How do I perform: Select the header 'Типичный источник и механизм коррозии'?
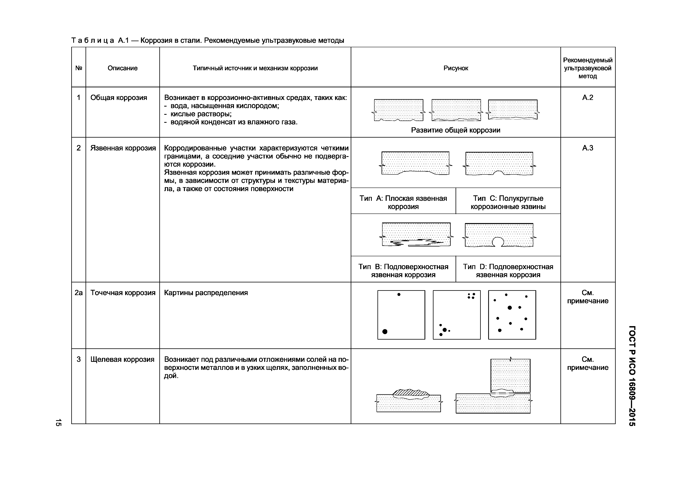(x=255, y=68)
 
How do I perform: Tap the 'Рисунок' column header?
(x=456, y=68)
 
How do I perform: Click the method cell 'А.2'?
(x=587, y=98)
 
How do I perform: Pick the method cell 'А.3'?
(x=587, y=148)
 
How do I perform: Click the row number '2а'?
(x=78, y=293)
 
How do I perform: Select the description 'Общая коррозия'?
(x=119, y=98)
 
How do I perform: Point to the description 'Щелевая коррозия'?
(x=122, y=359)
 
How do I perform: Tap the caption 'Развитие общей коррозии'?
(x=456, y=130)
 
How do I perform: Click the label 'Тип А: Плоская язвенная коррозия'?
(x=403, y=203)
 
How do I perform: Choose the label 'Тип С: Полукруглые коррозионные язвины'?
(x=508, y=203)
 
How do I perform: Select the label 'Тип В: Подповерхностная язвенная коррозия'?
(x=403, y=270)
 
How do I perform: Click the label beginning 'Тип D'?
(x=508, y=270)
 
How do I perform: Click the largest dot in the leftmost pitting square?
(x=385, y=331)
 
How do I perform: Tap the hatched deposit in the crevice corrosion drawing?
(x=410, y=392)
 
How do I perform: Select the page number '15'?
(x=58, y=422)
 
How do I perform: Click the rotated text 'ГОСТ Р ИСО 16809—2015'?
(x=632, y=376)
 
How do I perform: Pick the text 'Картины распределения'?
(x=206, y=293)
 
